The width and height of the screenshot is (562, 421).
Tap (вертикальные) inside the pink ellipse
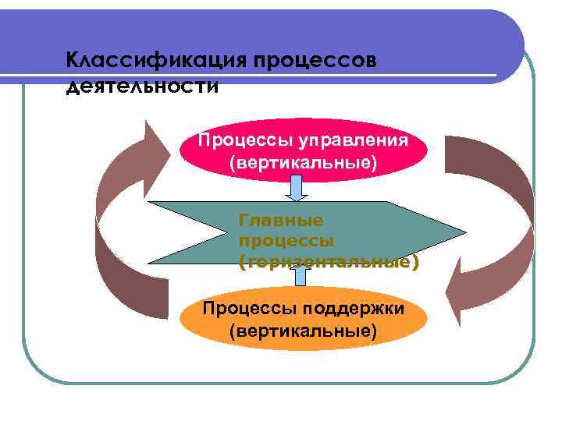pos(302,164)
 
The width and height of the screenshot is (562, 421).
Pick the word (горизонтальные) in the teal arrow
pos(329,262)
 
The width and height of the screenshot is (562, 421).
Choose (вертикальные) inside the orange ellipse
pos(303,331)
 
